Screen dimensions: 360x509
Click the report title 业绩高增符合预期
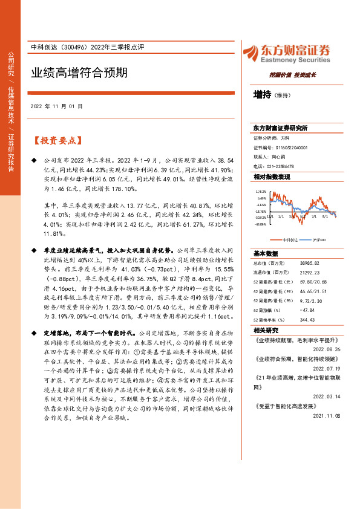click(x=79, y=73)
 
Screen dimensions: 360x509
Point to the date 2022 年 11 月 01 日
click(x=56, y=106)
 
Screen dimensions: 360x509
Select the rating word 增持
click(x=262, y=95)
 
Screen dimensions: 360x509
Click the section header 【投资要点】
click(x=58, y=140)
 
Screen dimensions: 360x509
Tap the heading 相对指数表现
click(x=272, y=177)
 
